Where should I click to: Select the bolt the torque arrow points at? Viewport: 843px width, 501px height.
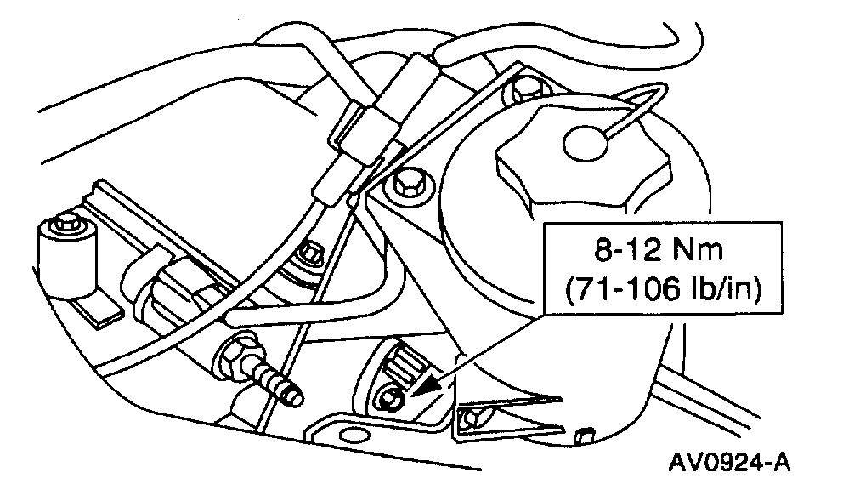(392, 396)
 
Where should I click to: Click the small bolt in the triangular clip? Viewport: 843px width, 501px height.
(474, 417)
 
